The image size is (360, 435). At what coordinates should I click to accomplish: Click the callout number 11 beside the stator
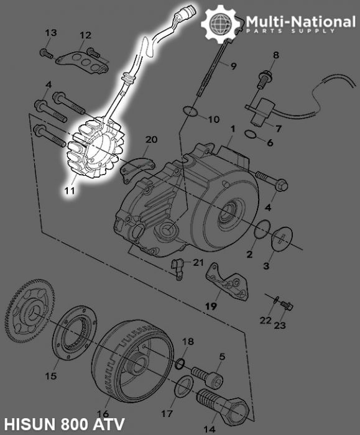click(72, 191)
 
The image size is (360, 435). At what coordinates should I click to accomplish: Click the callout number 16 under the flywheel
click(103, 414)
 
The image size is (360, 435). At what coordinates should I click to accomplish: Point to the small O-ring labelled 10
click(191, 112)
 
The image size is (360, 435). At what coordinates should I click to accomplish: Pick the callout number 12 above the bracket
click(85, 35)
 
